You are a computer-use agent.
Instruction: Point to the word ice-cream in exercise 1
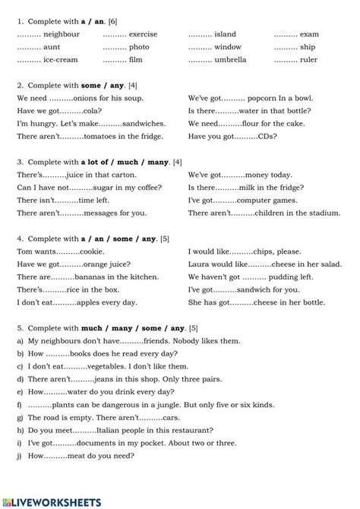[x=62, y=59]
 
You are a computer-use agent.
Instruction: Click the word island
[x=226, y=35]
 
